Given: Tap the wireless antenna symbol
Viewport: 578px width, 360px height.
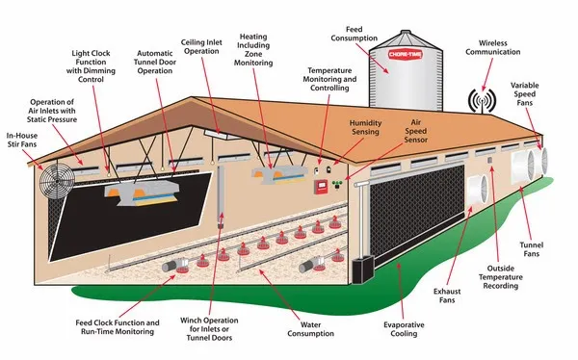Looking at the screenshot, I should click(480, 101).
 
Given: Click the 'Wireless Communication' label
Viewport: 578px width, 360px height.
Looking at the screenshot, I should click(501, 48).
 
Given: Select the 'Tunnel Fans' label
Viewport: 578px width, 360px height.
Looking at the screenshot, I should click(549, 251).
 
